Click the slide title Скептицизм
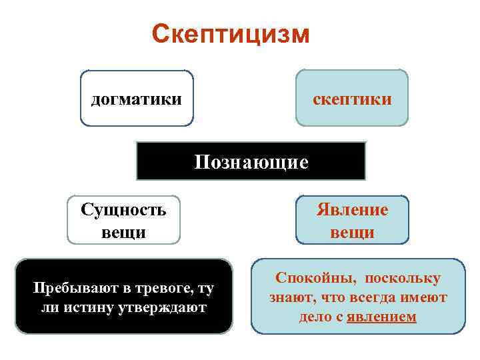[x=231, y=33]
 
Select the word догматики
[x=136, y=99]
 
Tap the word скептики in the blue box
[x=352, y=99]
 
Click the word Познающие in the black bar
[x=251, y=162]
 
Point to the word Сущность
[x=123, y=211]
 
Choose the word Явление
[x=352, y=211]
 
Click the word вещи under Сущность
[x=123, y=233]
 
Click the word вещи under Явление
[x=352, y=233]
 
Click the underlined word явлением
[x=381, y=317]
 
